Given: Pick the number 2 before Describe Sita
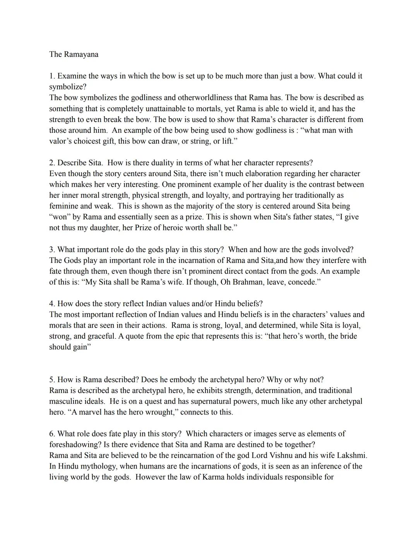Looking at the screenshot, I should (x=51, y=163).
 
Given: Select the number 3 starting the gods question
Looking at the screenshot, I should (x=51, y=249).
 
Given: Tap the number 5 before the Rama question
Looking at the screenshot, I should (x=51, y=380).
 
